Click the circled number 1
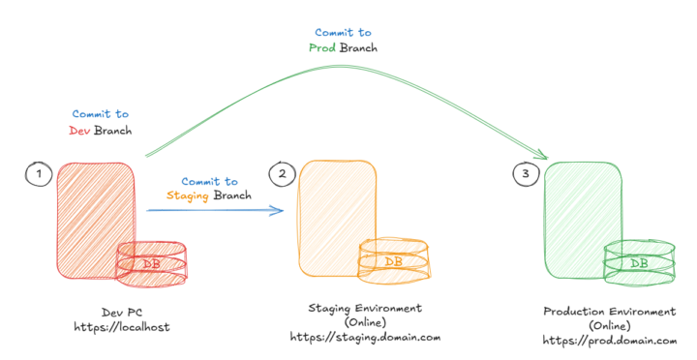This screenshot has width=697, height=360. tap(38, 174)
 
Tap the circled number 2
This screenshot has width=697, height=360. tap(282, 174)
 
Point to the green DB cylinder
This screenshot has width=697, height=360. tap(639, 263)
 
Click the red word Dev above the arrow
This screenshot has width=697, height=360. tap(80, 130)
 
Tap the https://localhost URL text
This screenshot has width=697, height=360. tap(121, 327)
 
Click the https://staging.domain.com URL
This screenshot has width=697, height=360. tap(365, 337)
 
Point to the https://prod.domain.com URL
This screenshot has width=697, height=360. tap(609, 341)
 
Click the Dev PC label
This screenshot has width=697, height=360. tap(122, 312)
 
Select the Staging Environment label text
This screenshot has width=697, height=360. tap(365, 308)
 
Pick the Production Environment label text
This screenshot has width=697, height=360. tap(609, 312)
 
